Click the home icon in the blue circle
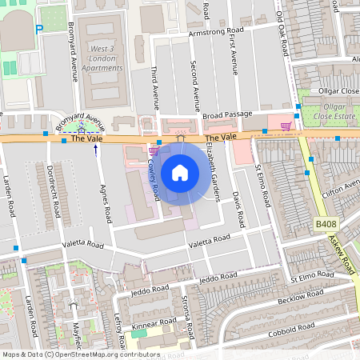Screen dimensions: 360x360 point(180,173)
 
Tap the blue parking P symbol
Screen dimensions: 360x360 point(39,30)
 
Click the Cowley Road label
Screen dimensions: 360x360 point(154,172)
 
